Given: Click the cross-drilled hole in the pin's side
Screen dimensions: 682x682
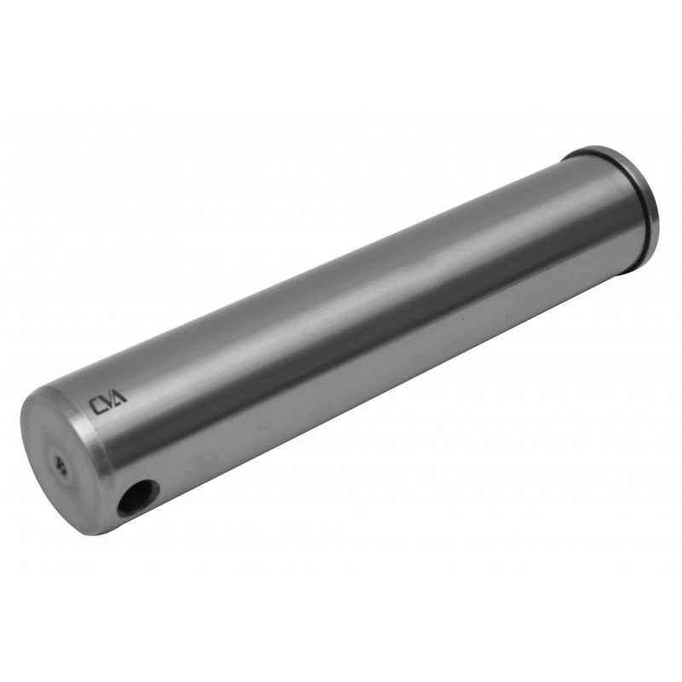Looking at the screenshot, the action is (x=137, y=496).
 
